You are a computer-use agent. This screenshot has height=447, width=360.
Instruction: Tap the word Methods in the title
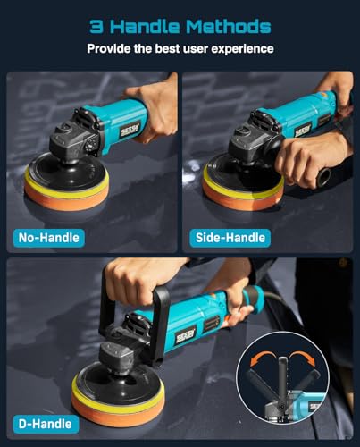(x=232, y=24)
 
